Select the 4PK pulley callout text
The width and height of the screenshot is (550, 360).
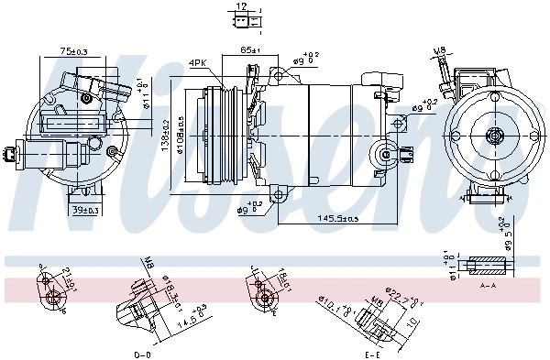coord(197,62)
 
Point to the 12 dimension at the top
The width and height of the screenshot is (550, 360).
coord(241,6)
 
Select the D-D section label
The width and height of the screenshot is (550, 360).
coord(142,353)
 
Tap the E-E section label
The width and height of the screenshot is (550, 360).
coord(371,353)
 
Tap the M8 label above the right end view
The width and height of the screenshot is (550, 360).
coord(438,51)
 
